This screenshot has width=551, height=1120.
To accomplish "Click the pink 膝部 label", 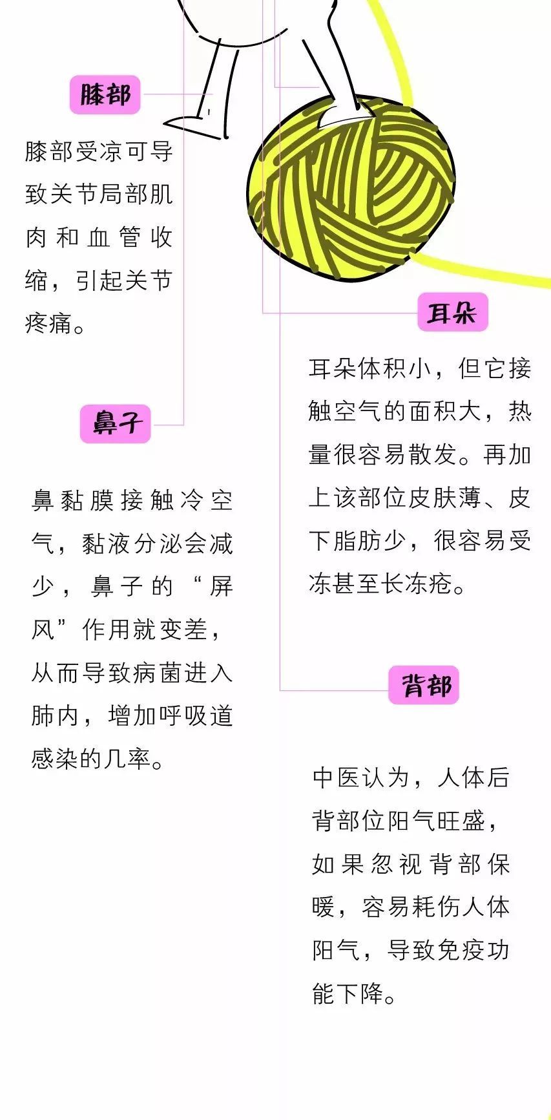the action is coord(105,95).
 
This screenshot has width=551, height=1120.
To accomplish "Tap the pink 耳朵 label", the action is coord(452,313).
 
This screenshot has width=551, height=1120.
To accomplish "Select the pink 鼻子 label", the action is coord(115,424).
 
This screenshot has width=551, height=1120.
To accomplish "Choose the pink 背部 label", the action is coord(424,685).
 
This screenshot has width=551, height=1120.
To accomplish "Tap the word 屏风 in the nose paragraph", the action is coord(132,608).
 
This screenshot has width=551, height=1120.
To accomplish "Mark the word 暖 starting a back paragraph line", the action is coord(324,907).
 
